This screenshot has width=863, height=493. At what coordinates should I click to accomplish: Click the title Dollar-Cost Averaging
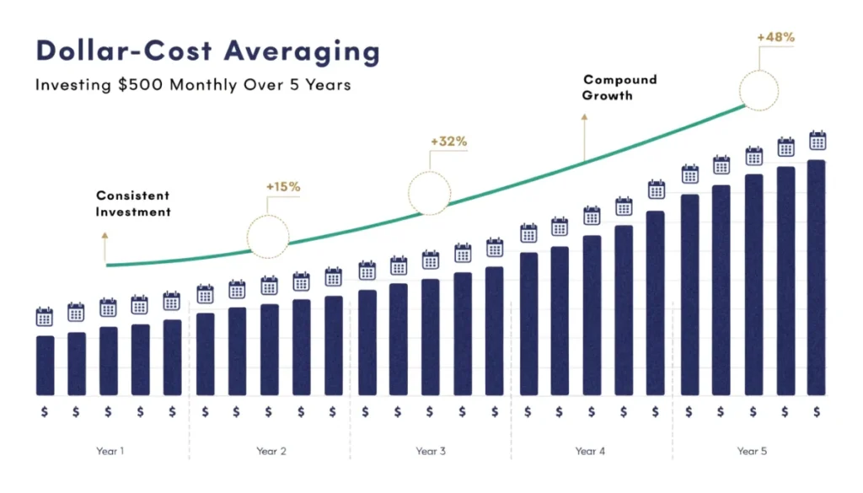[207, 51]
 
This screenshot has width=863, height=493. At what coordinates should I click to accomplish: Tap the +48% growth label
[775, 37]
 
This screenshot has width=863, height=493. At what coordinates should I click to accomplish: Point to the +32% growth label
[448, 142]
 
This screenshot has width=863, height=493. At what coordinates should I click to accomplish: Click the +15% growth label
[283, 186]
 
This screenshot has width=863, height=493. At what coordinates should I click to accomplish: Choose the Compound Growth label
[619, 88]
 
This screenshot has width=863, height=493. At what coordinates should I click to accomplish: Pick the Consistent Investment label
[133, 203]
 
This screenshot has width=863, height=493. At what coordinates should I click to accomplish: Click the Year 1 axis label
[110, 451]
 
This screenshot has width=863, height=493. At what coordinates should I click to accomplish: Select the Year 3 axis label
[431, 451]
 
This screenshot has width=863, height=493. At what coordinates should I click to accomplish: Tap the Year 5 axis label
[752, 451]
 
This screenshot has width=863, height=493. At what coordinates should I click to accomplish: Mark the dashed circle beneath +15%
[268, 235]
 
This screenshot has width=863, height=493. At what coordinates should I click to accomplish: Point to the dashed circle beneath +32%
[429, 194]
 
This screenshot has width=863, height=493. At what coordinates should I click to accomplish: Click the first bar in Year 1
[45, 366]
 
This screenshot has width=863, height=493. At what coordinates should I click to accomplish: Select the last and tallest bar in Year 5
[816, 277]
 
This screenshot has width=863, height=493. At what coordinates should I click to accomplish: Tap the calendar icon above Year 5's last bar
[817, 141]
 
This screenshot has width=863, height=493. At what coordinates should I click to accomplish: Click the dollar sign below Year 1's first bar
[45, 411]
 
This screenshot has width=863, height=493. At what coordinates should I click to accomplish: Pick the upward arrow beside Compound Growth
[583, 139]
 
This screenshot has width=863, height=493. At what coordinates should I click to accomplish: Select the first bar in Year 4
[528, 324]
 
